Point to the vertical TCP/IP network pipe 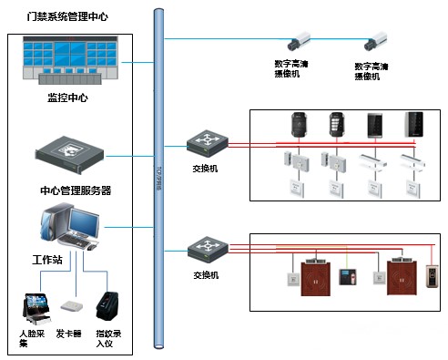pyautogui.click(x=159, y=182)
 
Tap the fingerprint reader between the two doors pyautogui.click(x=344, y=276)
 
